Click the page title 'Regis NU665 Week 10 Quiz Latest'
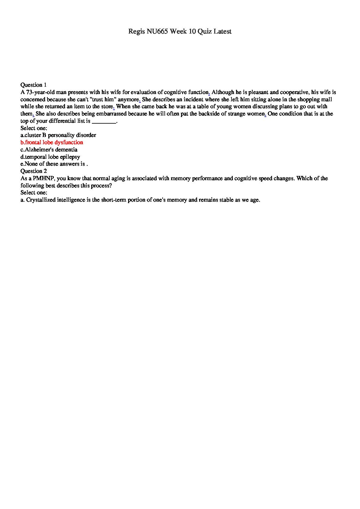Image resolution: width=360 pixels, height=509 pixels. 180,31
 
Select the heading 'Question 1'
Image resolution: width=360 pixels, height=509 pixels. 34,85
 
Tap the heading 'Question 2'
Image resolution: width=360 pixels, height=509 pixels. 34,171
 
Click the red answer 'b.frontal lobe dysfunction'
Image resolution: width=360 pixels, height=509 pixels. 52,142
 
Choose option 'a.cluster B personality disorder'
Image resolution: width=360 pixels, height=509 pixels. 58,135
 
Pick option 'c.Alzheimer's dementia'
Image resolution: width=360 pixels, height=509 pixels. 49,150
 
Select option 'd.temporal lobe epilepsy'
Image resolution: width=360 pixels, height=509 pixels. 50,157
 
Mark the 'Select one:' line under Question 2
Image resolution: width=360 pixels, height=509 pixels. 34,193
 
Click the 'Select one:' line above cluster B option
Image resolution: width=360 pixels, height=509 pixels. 34,128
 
